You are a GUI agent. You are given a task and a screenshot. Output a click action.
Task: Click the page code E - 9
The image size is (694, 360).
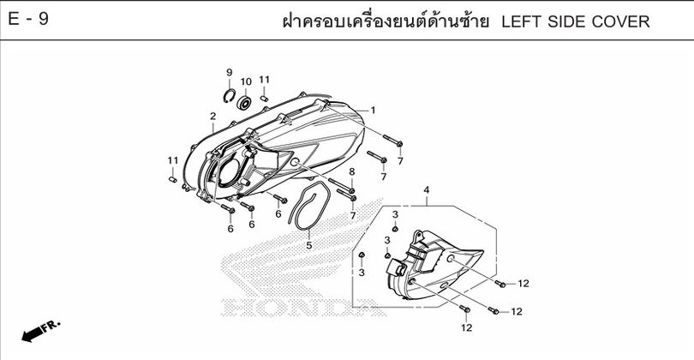28,20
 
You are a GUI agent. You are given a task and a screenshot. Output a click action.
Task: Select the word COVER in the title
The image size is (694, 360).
623,21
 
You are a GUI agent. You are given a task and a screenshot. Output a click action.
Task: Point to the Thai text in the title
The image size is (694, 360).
386,21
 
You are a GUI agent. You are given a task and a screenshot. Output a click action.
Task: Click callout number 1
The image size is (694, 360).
373,111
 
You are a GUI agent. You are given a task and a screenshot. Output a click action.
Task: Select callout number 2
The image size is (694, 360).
212,117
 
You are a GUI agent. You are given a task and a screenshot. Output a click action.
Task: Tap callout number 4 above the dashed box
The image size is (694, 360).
426,190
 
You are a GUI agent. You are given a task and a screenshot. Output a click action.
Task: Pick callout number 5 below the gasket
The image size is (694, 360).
309,245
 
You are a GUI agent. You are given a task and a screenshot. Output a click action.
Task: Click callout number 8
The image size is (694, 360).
352,171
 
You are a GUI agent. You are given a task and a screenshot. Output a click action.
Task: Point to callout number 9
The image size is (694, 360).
230,72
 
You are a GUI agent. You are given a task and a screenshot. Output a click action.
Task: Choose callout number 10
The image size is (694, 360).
246,81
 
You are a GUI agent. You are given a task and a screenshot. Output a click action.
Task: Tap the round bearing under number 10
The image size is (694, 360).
244,103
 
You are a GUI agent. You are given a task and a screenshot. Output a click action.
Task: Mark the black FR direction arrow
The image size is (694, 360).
39,331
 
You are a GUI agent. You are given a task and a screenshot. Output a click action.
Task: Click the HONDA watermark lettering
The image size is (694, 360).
303,307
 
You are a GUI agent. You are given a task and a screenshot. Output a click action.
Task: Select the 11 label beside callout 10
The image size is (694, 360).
264,80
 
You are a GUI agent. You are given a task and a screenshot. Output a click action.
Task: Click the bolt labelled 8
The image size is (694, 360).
341,185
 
